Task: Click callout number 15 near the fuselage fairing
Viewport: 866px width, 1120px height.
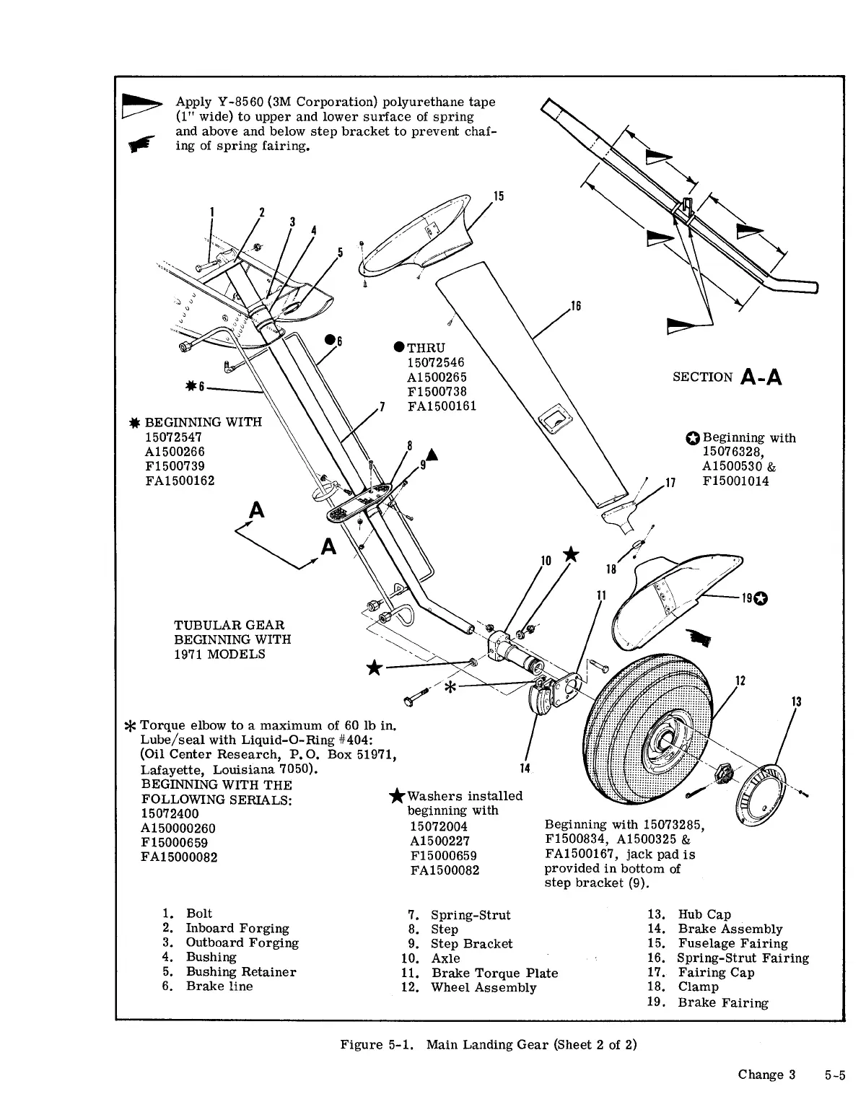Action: (x=498, y=196)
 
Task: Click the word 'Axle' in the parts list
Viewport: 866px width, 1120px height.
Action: (x=445, y=958)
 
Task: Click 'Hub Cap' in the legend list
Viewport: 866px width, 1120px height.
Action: (x=704, y=914)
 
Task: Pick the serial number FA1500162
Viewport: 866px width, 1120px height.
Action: (x=180, y=481)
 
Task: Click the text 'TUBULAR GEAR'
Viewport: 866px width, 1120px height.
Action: (x=229, y=625)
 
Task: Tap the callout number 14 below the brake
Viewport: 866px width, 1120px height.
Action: (x=525, y=768)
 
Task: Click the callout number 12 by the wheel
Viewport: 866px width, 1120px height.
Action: (x=740, y=680)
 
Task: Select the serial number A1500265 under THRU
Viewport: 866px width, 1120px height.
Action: (x=437, y=377)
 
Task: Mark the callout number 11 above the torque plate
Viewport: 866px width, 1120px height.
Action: (x=600, y=595)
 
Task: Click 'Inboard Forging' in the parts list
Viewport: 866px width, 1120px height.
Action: (x=237, y=929)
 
